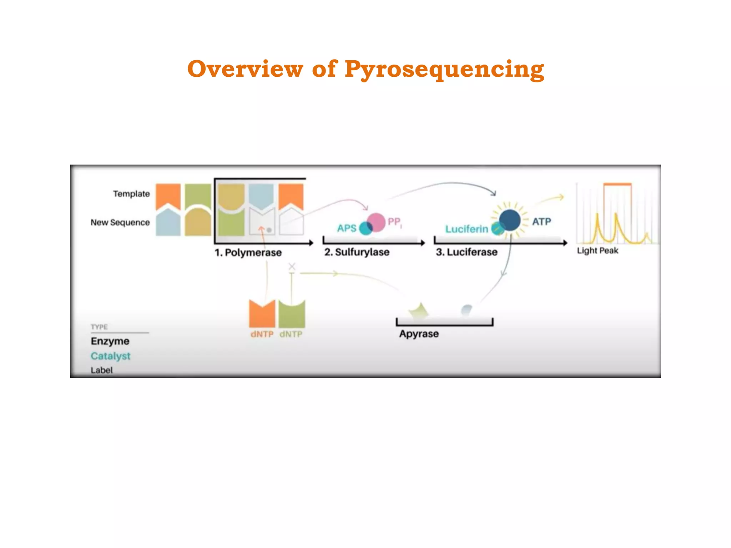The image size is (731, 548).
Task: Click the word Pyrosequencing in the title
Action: tap(444, 69)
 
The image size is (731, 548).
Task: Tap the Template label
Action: tap(131, 194)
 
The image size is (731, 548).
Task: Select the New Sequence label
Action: tap(120, 222)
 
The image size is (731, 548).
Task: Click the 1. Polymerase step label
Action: tap(248, 253)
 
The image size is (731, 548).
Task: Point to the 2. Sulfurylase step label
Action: tap(357, 252)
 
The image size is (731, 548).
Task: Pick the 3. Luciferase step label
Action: tap(467, 252)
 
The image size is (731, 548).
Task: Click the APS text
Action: tap(347, 228)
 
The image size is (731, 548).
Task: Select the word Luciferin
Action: tap(467, 229)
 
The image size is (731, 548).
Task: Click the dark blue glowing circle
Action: tap(510, 220)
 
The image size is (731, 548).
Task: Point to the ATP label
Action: tap(541, 222)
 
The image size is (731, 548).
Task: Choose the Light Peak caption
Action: tap(598, 250)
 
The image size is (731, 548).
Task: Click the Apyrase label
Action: tap(419, 334)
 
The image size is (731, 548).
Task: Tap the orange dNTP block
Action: tap(262, 314)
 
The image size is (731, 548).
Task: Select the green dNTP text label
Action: tap(291, 334)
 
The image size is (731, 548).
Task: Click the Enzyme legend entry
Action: tap(110, 341)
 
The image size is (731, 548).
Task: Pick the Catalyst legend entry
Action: tap(111, 356)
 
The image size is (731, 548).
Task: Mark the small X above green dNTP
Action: tap(292, 267)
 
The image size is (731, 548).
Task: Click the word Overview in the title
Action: tap(245, 68)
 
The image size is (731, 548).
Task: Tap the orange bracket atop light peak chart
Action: tap(617, 184)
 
